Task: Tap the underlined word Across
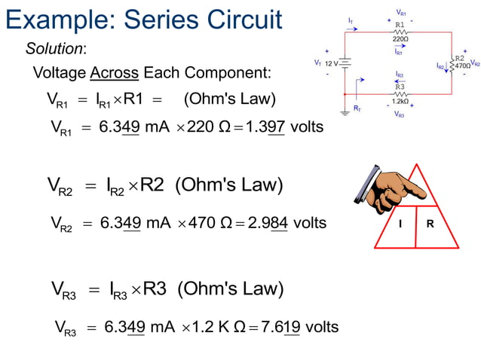(x=114, y=74)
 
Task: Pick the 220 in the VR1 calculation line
(x=200, y=127)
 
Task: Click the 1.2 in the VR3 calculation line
(x=204, y=327)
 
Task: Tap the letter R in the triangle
(x=430, y=224)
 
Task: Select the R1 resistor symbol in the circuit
(x=400, y=32)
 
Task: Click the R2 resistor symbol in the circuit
(x=451, y=66)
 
